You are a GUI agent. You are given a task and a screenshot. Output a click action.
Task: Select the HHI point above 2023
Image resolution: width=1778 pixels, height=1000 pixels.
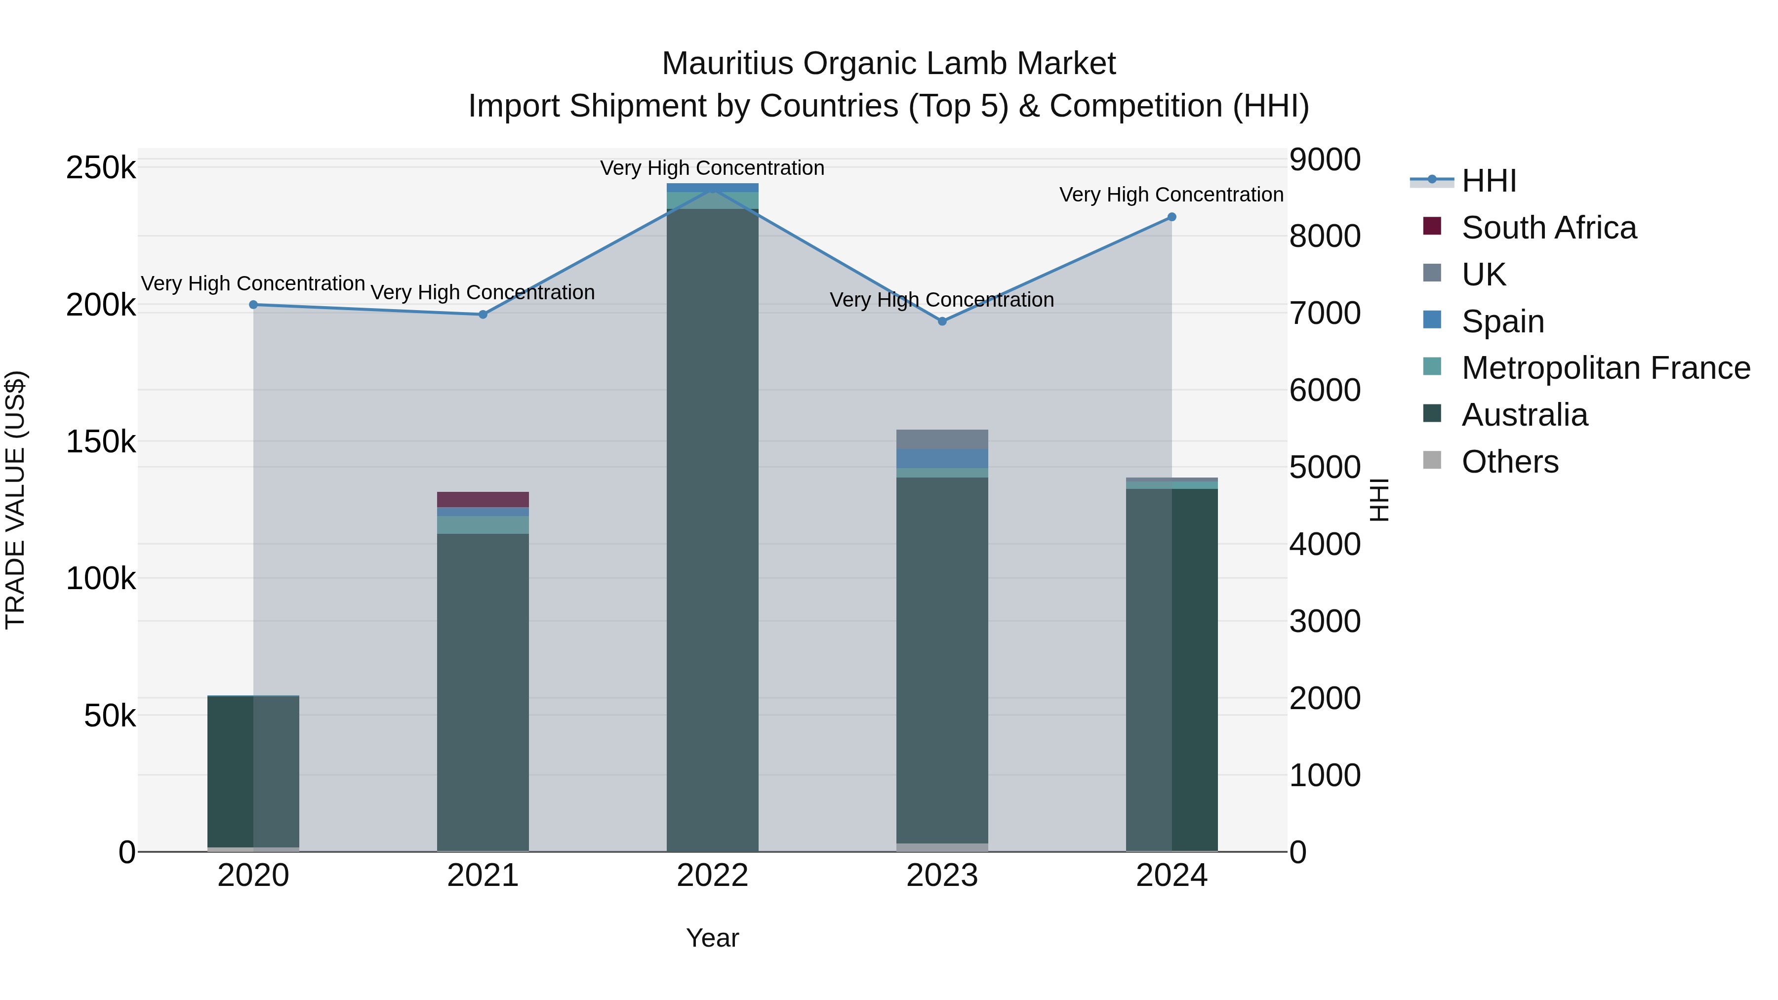pos(942,321)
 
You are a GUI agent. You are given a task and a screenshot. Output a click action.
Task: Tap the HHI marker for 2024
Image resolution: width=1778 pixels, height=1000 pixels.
pos(1172,217)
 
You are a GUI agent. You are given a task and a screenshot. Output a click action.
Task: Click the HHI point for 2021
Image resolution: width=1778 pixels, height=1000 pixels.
pos(483,315)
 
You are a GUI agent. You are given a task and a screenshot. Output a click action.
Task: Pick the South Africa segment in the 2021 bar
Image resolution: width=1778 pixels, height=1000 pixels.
pos(483,500)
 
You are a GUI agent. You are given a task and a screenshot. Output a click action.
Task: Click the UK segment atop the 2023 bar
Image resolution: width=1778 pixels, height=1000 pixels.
pos(942,440)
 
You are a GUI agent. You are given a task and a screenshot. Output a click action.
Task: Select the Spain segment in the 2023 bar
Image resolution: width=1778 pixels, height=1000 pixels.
pos(942,459)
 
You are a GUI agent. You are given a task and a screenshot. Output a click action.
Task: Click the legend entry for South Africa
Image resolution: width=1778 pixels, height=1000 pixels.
pos(1548,228)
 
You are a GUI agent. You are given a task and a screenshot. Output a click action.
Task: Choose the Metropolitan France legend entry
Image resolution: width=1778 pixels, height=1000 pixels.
pos(1606,368)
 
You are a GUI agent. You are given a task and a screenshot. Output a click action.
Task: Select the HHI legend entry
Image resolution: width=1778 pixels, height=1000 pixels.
pos(1488,181)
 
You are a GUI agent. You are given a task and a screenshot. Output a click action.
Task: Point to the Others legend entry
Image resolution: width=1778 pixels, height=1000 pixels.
pos(1509,462)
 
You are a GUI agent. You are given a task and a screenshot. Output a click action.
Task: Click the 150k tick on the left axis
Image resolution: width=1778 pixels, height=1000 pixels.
pos(101,441)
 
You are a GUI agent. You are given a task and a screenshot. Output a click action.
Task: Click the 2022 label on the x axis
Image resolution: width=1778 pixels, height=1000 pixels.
pos(712,876)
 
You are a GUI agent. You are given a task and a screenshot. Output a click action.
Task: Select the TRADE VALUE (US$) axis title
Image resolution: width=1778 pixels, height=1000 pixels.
pos(15,500)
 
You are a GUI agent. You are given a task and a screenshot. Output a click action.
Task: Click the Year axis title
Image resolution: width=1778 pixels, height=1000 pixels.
pos(712,938)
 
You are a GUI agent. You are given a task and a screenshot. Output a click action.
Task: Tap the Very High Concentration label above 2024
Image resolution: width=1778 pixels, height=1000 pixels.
pos(1172,195)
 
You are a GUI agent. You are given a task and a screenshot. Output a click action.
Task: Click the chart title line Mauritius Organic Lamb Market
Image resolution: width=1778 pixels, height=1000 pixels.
pos(889,64)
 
